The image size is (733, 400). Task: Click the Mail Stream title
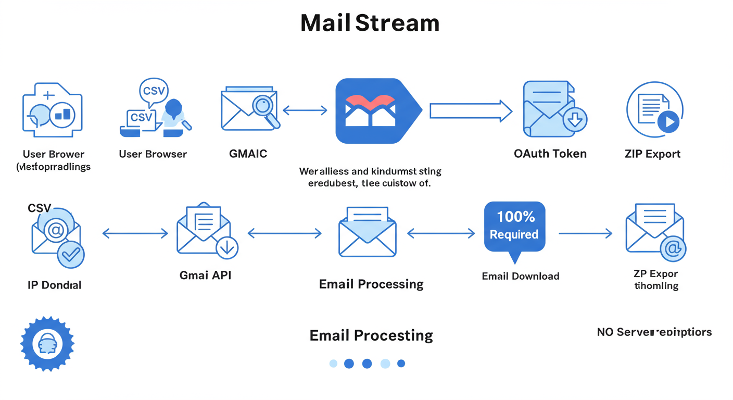(x=370, y=23)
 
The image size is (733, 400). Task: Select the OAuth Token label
(x=550, y=154)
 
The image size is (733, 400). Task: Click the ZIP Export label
(x=652, y=154)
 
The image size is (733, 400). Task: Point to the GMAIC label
(x=248, y=154)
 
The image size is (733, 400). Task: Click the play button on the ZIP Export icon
(x=668, y=122)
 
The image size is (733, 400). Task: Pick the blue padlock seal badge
(x=47, y=343)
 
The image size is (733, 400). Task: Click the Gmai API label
(x=205, y=275)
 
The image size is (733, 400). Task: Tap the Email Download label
(x=520, y=276)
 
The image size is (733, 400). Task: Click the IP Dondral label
(x=54, y=285)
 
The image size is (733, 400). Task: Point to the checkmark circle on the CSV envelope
(x=70, y=254)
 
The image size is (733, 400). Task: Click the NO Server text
(x=654, y=332)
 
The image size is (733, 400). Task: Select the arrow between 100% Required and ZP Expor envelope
(x=585, y=234)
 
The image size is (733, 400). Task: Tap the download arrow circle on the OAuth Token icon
(x=575, y=120)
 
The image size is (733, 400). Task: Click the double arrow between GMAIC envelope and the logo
(x=305, y=110)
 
